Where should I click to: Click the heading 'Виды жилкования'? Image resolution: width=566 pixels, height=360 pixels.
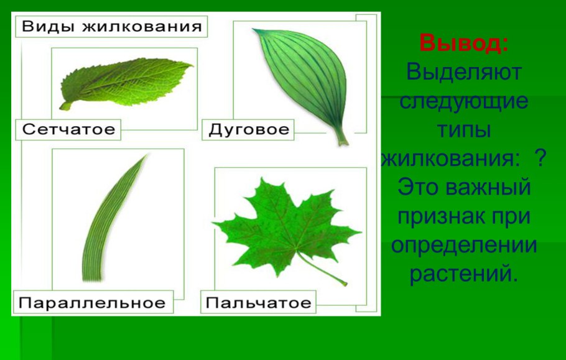click(112, 27)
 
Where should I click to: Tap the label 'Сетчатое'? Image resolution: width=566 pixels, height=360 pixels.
click(68, 129)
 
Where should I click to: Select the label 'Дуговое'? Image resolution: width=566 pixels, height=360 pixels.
click(249, 129)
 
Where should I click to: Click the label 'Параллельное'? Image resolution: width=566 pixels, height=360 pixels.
click(92, 303)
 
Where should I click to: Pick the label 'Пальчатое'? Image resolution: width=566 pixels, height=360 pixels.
click(258, 303)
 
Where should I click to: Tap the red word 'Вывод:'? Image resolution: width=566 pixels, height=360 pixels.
click(464, 44)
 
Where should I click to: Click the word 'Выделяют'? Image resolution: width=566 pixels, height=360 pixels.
click(463, 72)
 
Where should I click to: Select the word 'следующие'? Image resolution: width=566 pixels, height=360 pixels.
click(463, 101)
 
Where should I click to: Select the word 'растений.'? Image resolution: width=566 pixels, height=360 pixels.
click(463, 273)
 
